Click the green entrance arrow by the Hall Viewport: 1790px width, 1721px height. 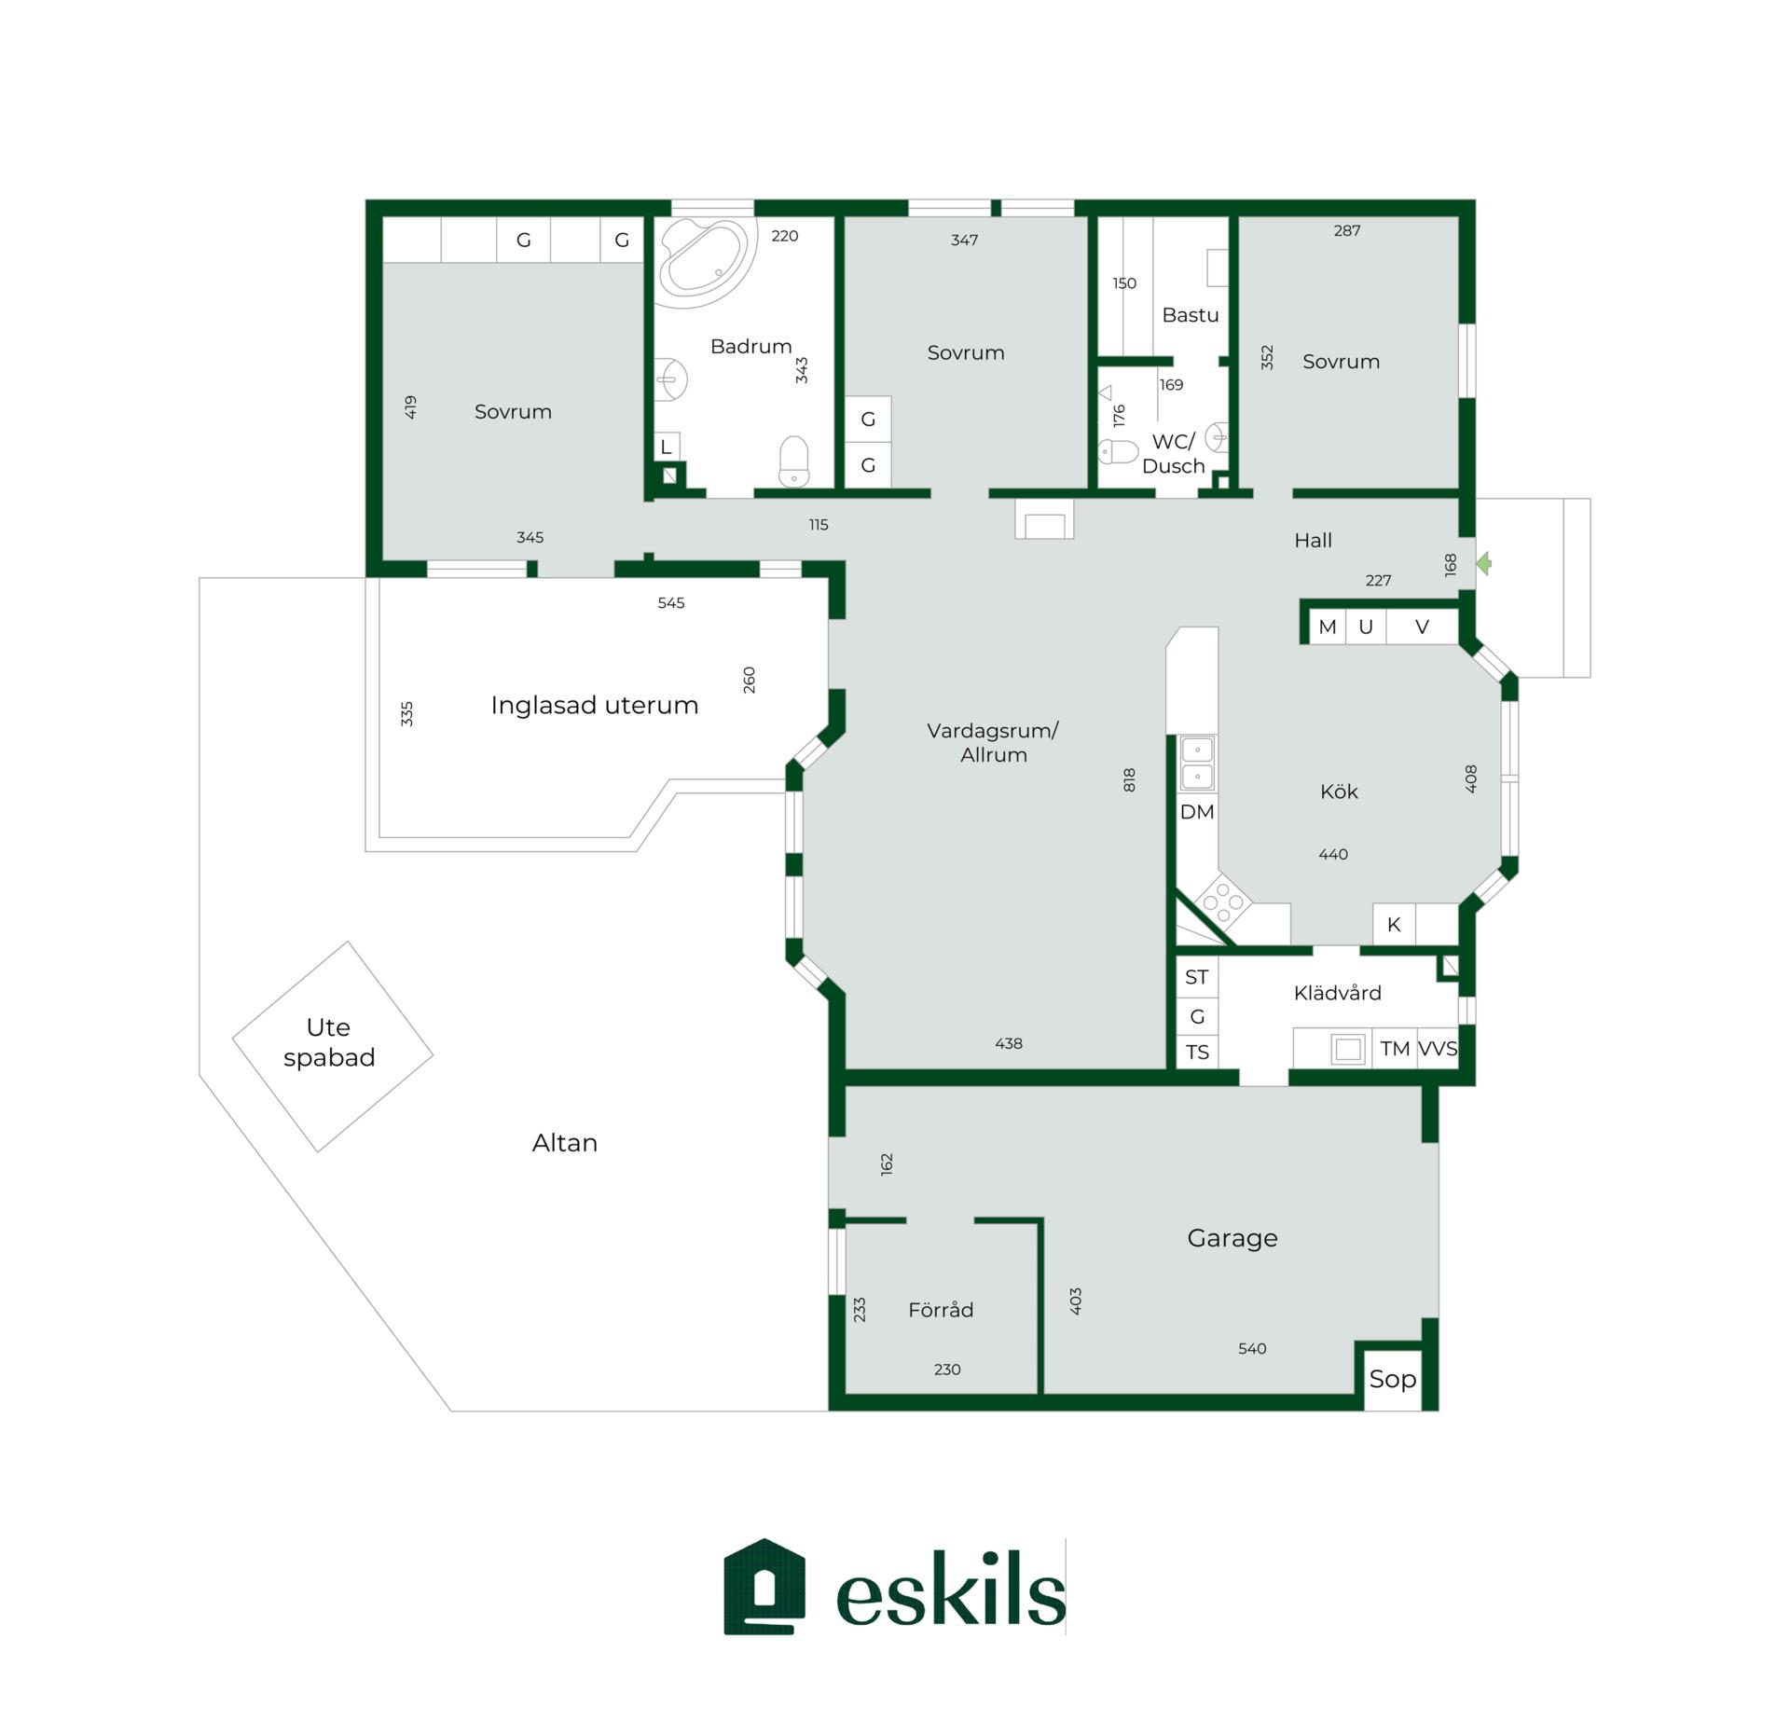(x=1484, y=563)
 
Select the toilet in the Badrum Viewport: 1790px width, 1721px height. (x=793, y=461)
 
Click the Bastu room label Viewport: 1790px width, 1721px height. (x=1191, y=315)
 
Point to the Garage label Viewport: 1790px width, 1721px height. (x=1232, y=1238)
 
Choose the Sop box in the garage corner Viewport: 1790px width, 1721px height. (x=1393, y=1379)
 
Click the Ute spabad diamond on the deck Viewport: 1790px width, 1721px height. (x=333, y=1046)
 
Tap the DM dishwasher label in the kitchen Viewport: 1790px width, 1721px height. (x=1197, y=812)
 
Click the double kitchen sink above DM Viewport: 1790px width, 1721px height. (x=1197, y=764)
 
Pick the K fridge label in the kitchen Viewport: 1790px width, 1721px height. (x=1394, y=924)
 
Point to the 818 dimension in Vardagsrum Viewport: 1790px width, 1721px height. (x=1129, y=779)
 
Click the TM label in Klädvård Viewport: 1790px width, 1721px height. (x=1395, y=1049)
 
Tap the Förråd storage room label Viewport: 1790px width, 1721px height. (x=941, y=1309)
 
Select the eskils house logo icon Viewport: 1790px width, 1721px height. (x=764, y=1586)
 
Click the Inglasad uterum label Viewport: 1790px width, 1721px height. (x=595, y=705)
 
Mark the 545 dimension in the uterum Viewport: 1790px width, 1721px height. (x=671, y=603)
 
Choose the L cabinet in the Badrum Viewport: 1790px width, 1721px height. (x=666, y=447)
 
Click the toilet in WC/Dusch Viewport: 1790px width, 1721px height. (x=1118, y=451)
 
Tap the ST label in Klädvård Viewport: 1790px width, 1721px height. (x=1196, y=977)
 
